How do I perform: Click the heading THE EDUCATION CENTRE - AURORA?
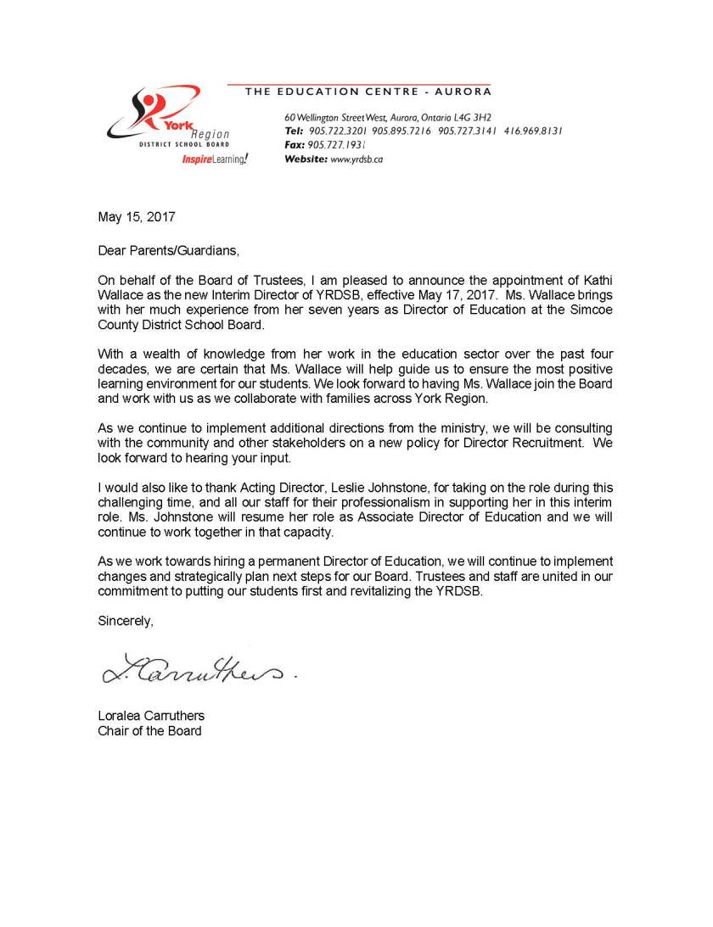[368, 92]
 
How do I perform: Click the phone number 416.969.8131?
[533, 131]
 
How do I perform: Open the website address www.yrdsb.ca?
[356, 159]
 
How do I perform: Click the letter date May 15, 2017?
[137, 217]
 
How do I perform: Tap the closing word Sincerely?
[126, 621]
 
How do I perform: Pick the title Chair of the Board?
[149, 731]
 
